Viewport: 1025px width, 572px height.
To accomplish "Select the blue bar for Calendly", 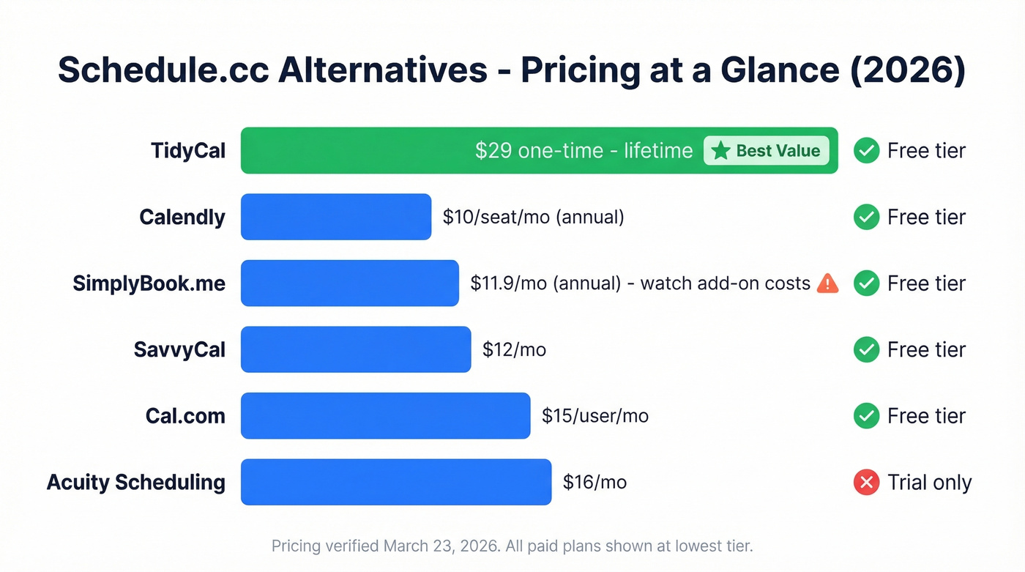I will (335, 217).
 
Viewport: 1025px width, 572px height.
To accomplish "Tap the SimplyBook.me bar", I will (349, 283).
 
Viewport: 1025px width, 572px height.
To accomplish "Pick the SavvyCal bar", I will (355, 349).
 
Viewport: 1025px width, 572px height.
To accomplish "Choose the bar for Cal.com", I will (385, 416).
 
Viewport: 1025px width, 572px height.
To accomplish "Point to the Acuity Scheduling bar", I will (395, 482).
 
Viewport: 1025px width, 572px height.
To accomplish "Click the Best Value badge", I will (766, 151).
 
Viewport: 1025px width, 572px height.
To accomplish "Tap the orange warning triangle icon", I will (827, 283).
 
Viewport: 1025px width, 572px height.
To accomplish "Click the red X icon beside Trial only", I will (866, 482).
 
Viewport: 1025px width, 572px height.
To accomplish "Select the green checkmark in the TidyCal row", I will (866, 151).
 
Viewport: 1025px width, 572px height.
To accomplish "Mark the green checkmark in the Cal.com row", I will (866, 416).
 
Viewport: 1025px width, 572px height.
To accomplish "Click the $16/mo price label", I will (594, 482).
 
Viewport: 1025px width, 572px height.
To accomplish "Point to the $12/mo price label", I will (514, 349).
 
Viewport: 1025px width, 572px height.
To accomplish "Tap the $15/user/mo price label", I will (594, 416).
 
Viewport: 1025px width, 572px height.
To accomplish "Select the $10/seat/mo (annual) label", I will (533, 217).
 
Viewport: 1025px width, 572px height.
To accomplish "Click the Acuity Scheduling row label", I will (136, 482).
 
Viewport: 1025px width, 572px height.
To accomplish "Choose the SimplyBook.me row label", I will (149, 283).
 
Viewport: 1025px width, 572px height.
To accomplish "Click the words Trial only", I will (929, 482).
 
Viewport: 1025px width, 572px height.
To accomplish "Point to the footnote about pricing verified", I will (512, 546).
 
